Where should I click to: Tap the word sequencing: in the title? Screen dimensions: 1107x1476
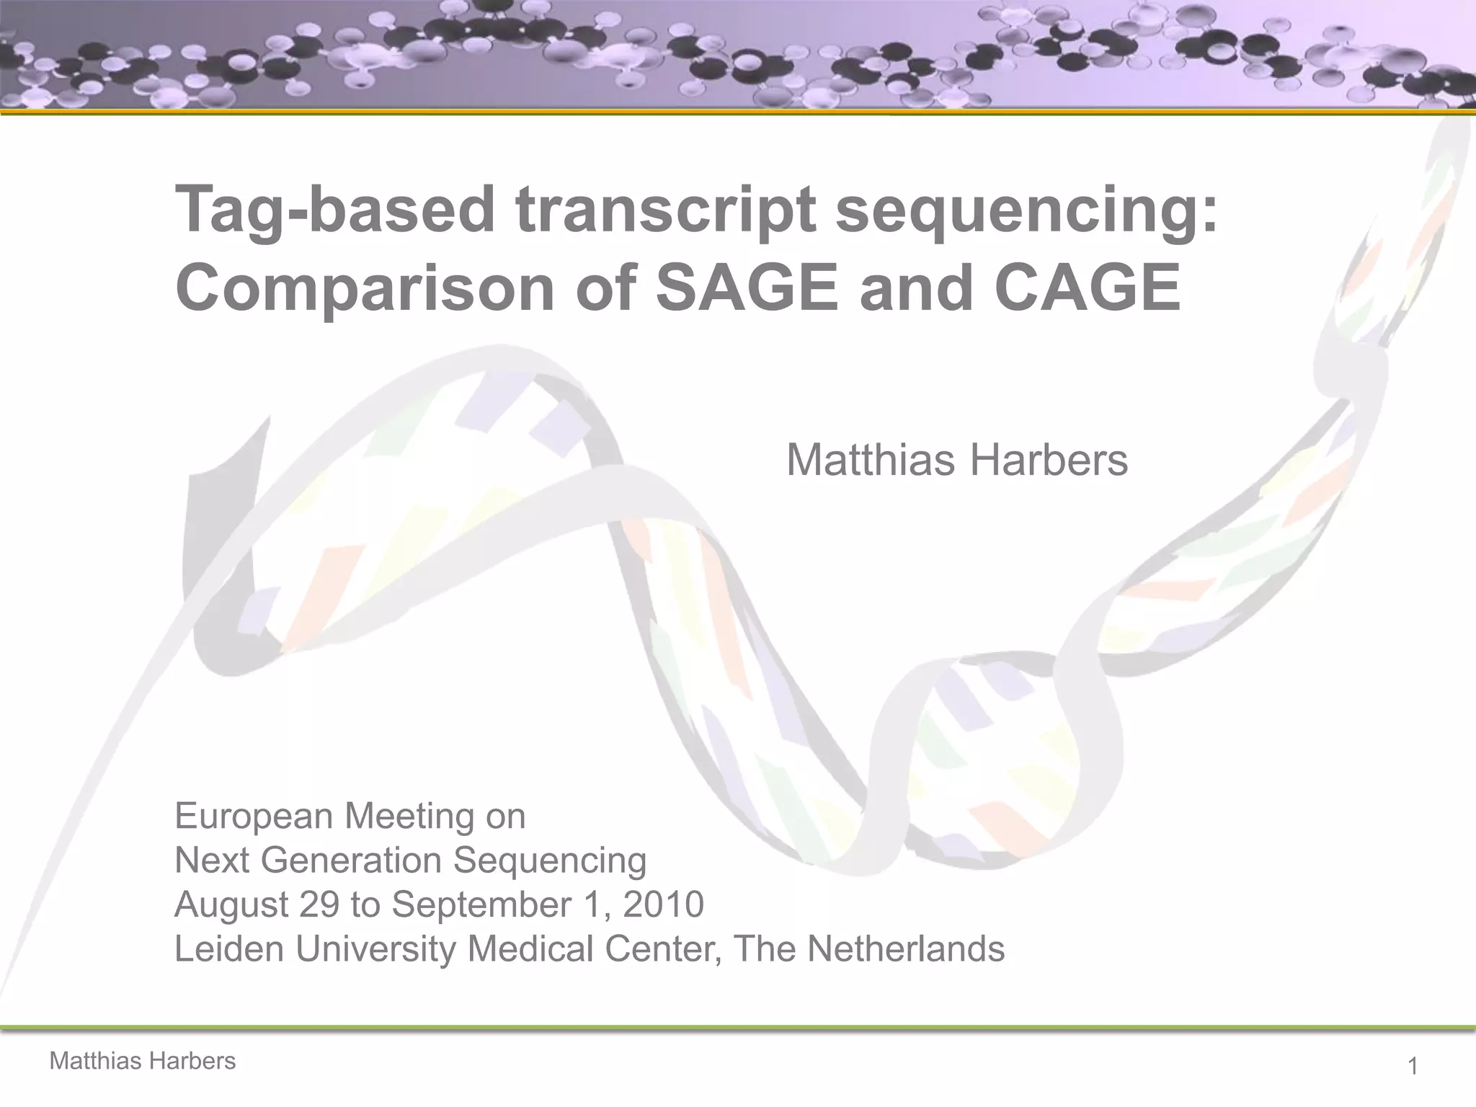(x=1026, y=210)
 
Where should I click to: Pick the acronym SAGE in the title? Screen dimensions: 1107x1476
(x=747, y=288)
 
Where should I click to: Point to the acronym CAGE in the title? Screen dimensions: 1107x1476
(x=1087, y=288)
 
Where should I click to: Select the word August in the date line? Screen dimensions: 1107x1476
(x=231, y=904)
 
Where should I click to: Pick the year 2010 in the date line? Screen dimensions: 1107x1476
(x=663, y=904)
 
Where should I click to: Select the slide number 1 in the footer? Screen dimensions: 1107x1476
(x=1413, y=1066)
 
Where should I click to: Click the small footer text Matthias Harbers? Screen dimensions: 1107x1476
(x=142, y=1061)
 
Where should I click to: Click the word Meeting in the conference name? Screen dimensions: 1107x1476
(x=409, y=817)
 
